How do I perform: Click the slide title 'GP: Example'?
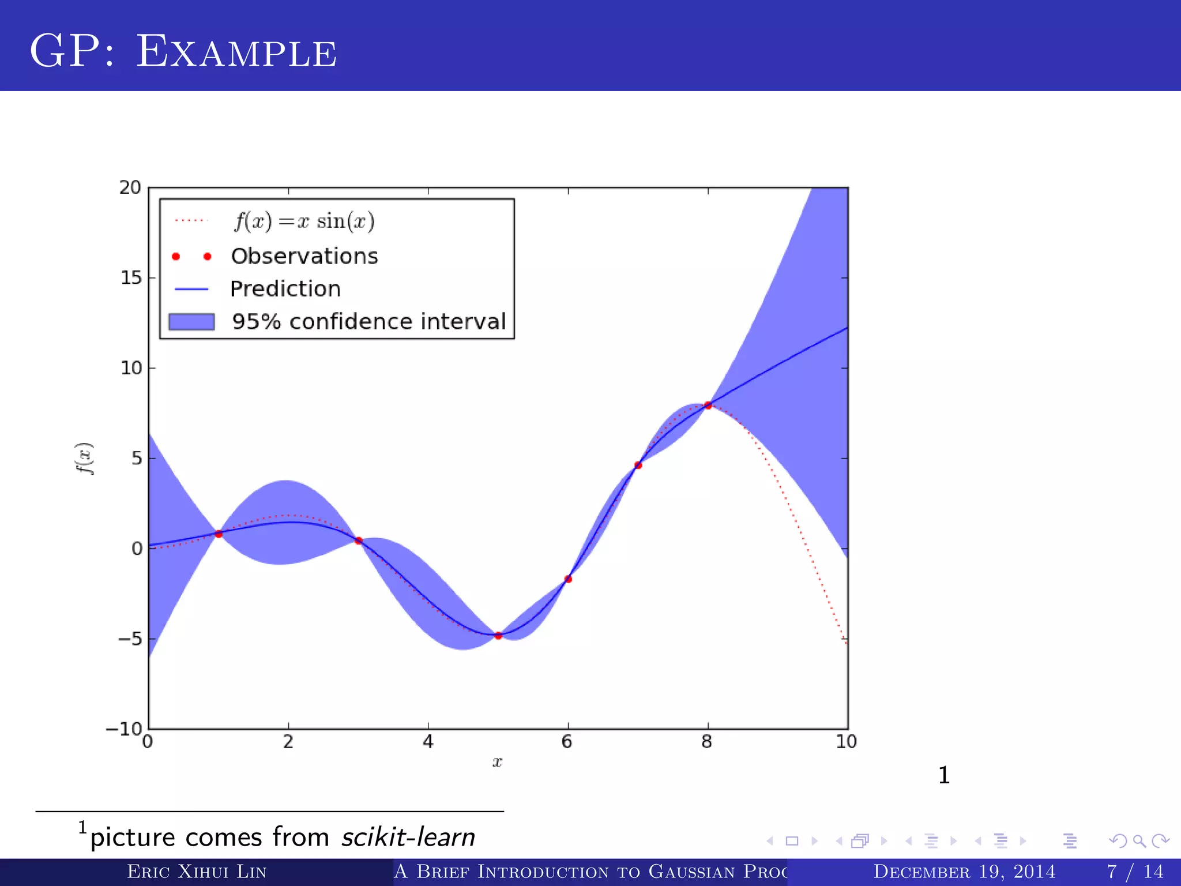click(x=183, y=52)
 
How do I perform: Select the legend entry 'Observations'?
click(x=304, y=256)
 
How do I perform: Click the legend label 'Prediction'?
click(x=285, y=288)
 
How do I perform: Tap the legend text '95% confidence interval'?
click(x=368, y=321)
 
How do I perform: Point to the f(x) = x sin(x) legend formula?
click(x=304, y=221)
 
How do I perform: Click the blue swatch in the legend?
click(x=191, y=321)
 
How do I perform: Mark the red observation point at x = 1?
click(x=219, y=534)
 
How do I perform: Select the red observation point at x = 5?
click(x=498, y=636)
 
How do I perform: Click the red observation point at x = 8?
click(x=708, y=406)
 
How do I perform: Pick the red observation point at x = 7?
click(x=638, y=465)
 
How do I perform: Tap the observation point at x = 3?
click(x=358, y=540)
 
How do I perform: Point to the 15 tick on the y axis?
click(x=131, y=278)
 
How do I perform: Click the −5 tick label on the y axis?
click(x=130, y=639)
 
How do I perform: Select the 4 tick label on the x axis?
click(x=428, y=742)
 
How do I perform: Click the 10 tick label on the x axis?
click(x=846, y=742)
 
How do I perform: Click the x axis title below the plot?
click(x=497, y=763)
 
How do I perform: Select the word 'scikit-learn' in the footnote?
click(x=408, y=838)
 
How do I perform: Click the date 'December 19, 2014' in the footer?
click(x=964, y=872)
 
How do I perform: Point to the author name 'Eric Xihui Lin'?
click(x=197, y=872)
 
